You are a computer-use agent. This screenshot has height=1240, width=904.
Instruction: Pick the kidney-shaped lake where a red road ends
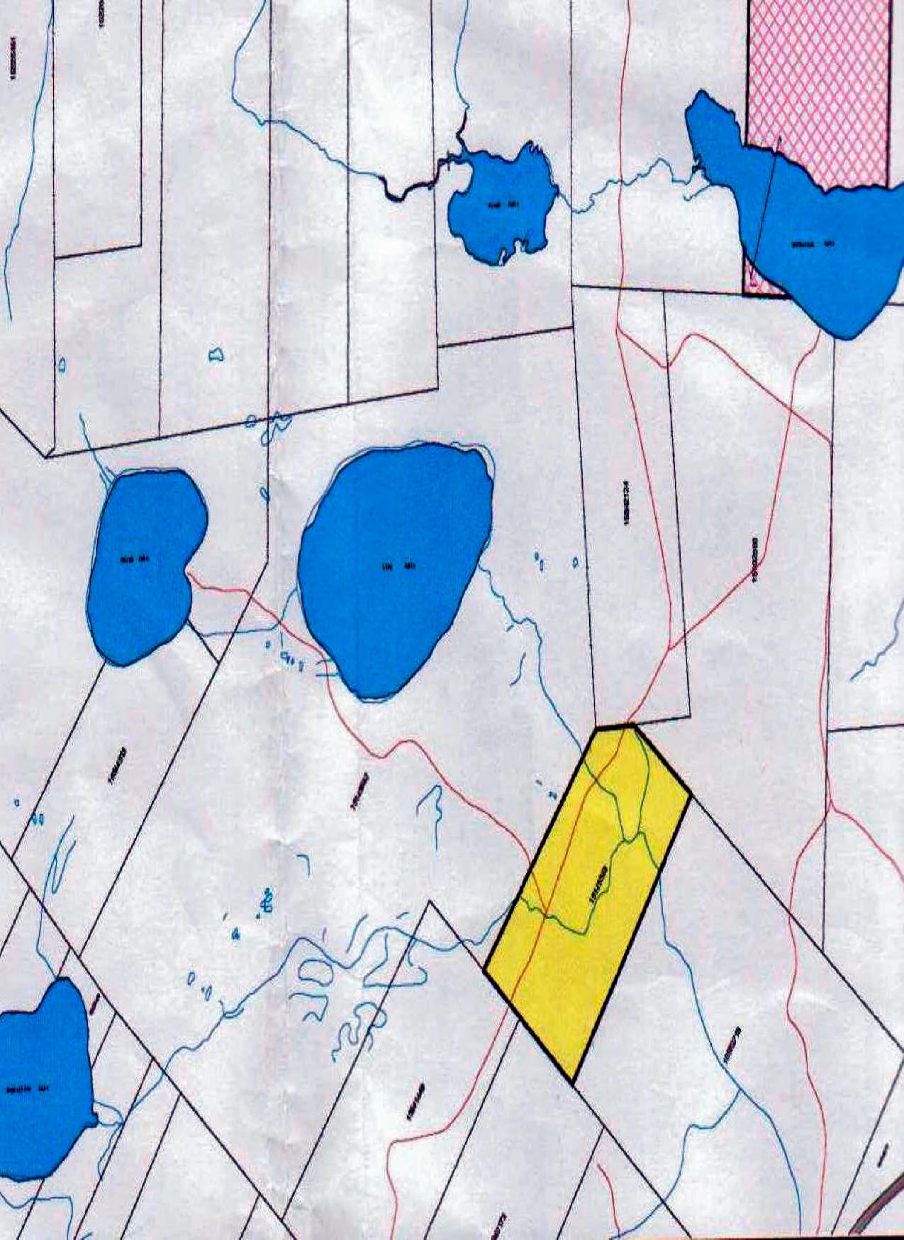tap(145, 567)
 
